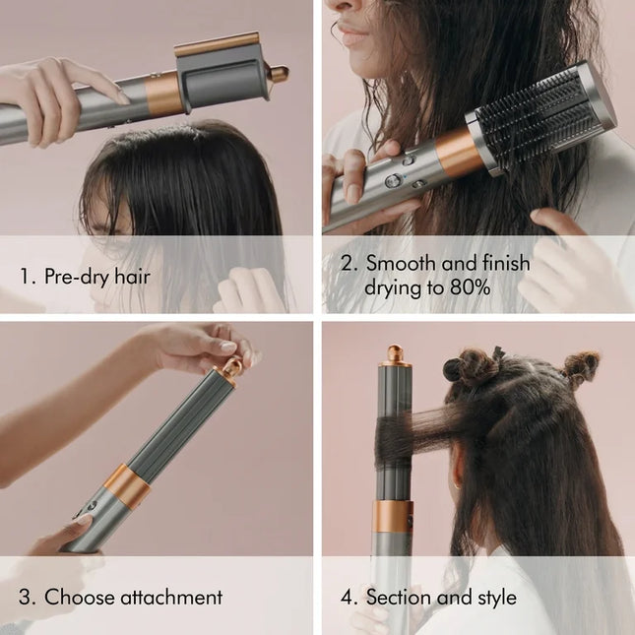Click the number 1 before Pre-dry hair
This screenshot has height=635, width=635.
pos(26,276)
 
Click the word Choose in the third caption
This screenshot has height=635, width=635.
pos(77,597)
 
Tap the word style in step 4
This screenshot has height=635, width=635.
pos(495,598)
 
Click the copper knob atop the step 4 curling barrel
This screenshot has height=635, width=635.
pos(395,352)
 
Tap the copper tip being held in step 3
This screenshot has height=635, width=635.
pos(232,369)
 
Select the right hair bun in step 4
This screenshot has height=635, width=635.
pos(579,365)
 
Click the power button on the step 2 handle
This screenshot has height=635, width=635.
pos(392,180)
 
